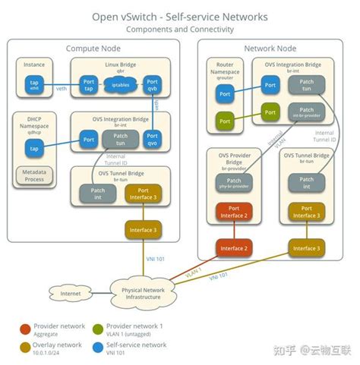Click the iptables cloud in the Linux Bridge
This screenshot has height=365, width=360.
pyautogui.click(x=121, y=86)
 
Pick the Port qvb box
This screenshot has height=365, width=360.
pyautogui.click(x=152, y=86)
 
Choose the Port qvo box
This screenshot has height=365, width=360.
pyautogui.click(x=152, y=140)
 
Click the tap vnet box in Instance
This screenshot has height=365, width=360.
pyautogui.click(x=34, y=85)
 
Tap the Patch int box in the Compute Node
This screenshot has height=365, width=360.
pyautogui.click(x=98, y=194)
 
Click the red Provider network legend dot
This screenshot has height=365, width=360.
pyautogui.click(x=24, y=327)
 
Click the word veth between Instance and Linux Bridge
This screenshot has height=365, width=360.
pyautogui.click(x=61, y=89)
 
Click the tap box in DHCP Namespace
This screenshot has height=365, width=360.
pyautogui.click(x=34, y=149)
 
